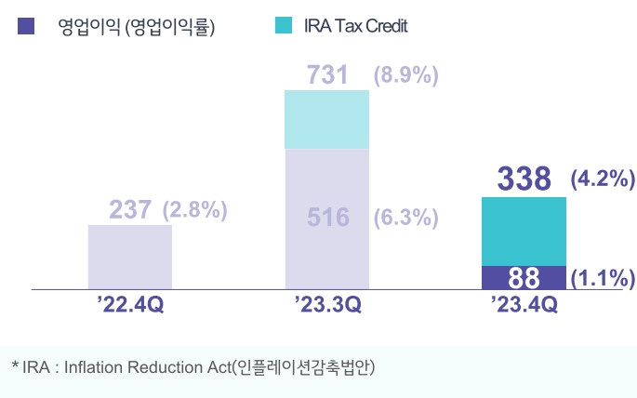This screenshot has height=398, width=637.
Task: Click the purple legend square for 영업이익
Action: (26, 26)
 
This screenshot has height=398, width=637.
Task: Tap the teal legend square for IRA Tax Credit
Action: (285, 26)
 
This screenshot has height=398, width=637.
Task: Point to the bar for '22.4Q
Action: (130, 257)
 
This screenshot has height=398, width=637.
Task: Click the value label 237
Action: (130, 210)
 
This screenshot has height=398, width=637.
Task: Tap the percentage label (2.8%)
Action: (195, 210)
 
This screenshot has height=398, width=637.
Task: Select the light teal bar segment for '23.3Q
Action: (326, 119)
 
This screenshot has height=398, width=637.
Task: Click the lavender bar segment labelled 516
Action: (326, 219)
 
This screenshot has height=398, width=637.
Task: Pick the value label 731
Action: (328, 75)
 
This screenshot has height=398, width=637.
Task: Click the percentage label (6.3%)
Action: (405, 219)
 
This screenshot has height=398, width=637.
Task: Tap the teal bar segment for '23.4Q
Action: (524, 232)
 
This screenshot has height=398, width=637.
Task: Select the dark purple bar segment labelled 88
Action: (524, 278)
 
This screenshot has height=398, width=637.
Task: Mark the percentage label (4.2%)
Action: (602, 179)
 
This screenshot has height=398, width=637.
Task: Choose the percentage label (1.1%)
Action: (602, 278)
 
